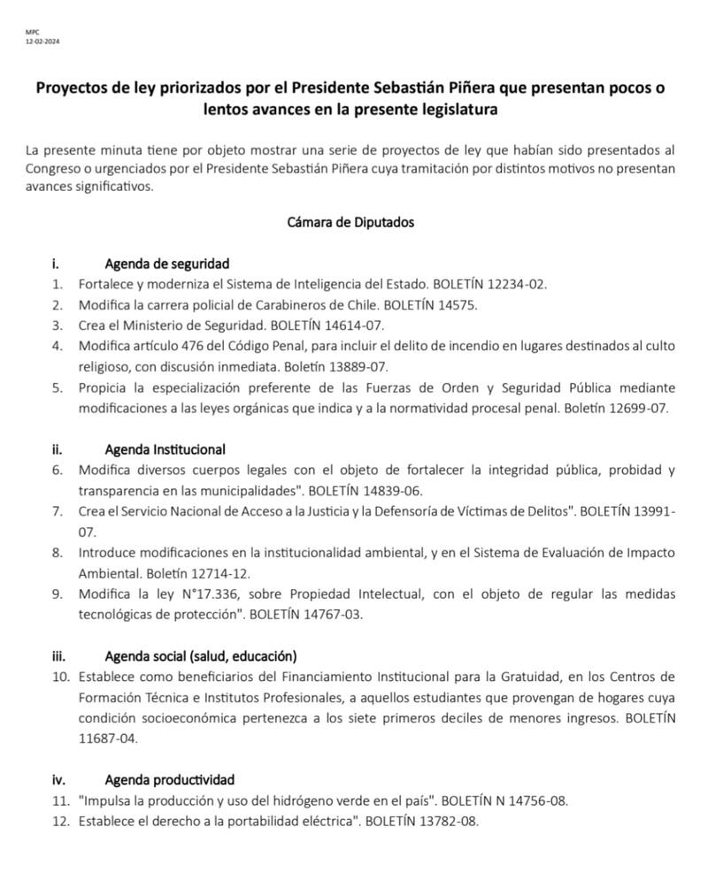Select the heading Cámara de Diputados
[350, 222]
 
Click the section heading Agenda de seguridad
[166, 263]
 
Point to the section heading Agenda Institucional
[165, 448]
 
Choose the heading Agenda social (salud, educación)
[200, 655]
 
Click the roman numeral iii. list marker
[59, 655]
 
